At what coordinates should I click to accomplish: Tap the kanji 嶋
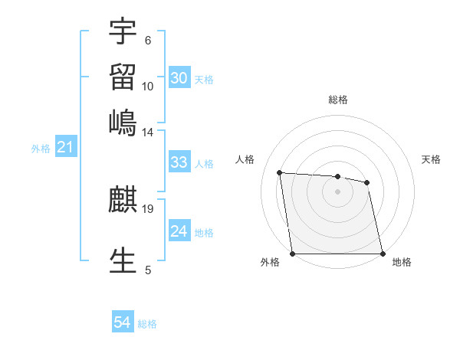(x=123, y=123)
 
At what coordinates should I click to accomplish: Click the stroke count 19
(x=148, y=208)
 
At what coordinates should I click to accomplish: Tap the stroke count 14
(x=148, y=132)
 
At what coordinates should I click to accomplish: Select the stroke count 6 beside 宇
(x=148, y=40)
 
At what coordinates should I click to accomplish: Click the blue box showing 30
(x=179, y=77)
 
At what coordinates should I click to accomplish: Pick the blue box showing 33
(x=179, y=162)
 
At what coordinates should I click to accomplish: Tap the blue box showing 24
(x=179, y=231)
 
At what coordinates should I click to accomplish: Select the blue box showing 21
(x=65, y=147)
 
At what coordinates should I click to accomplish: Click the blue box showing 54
(x=123, y=322)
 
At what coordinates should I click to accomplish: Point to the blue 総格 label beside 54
(x=147, y=324)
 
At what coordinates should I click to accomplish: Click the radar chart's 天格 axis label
(x=431, y=159)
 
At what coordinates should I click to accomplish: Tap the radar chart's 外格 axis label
(x=270, y=262)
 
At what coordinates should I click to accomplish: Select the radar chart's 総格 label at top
(x=338, y=100)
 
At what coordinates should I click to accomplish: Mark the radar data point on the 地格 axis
(x=383, y=254)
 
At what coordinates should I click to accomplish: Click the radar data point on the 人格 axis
(x=280, y=172)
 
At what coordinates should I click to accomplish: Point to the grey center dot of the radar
(x=337, y=191)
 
